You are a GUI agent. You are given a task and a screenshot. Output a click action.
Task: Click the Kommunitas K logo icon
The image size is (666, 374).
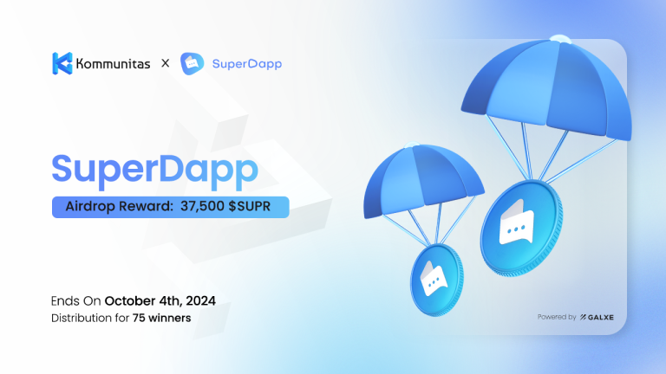coord(62,63)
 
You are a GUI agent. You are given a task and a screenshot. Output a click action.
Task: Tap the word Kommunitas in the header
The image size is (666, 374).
coord(111,63)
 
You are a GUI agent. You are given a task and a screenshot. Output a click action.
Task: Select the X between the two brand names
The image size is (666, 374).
coord(165,63)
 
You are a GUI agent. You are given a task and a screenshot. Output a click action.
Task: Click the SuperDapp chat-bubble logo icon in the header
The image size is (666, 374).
coord(192,63)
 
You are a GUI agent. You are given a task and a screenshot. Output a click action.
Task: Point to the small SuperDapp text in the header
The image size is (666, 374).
coord(246,63)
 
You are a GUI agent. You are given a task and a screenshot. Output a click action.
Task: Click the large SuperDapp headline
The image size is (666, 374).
coord(154,168)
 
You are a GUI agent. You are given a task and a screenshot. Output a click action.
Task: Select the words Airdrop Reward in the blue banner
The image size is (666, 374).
coord(117,207)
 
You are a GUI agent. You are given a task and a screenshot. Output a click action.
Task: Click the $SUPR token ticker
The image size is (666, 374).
coord(259,207)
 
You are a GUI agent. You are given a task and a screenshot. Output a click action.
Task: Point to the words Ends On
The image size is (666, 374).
coord(76,301)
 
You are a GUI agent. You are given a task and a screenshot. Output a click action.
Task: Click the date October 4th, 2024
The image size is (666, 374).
coord(160,301)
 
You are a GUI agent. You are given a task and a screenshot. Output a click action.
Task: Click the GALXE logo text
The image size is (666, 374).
coord(597,317)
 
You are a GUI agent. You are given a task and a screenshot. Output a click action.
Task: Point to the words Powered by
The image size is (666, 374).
coord(555,317)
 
